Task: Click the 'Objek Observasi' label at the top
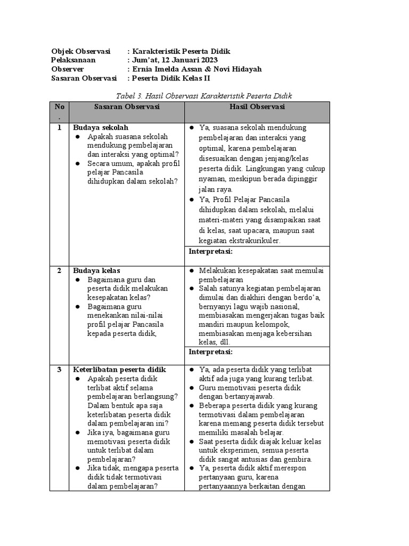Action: coord(80,51)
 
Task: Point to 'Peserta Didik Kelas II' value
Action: coord(170,78)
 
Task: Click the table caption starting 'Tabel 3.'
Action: coord(204,95)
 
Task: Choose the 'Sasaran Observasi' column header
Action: coord(127,107)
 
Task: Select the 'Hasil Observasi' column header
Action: coord(257,107)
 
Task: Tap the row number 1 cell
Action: coord(59,128)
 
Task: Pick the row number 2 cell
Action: coord(59,271)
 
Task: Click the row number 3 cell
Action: coord(59,370)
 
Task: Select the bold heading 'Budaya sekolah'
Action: coord(101,128)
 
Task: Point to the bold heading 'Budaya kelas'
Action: coord(96,271)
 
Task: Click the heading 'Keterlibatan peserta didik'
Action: coord(119,370)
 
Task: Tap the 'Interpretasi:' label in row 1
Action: coord(211,251)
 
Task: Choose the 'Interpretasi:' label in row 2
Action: coord(211,352)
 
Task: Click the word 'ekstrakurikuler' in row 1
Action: coord(257,240)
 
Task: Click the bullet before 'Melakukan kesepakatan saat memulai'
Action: coord(192,271)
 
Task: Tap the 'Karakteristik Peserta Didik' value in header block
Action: coord(181,51)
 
